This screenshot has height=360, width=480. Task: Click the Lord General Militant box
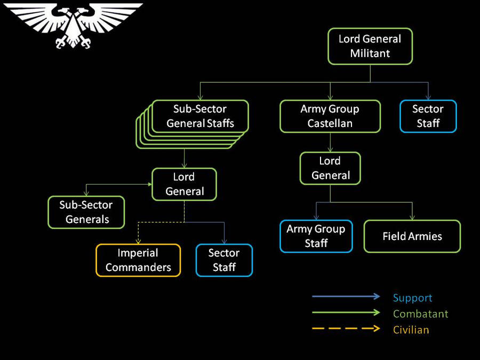pyautogui.click(x=370, y=46)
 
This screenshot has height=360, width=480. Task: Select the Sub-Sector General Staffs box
pyautogui.click(x=200, y=116)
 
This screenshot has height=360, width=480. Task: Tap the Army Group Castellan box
pyautogui.click(x=330, y=116)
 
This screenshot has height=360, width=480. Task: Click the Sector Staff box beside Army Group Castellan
pyautogui.click(x=428, y=116)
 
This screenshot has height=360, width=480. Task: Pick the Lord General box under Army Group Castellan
pyautogui.click(x=330, y=168)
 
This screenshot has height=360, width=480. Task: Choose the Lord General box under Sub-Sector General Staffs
pyautogui.click(x=185, y=184)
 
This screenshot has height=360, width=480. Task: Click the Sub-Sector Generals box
pyautogui.click(x=86, y=212)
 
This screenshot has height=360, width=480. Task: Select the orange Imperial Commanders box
pyautogui.click(x=138, y=260)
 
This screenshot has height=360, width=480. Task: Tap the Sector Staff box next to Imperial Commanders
pyautogui.click(x=224, y=260)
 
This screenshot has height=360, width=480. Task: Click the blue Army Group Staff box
pyautogui.click(x=316, y=236)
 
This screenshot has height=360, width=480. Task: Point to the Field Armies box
pyautogui.click(x=412, y=236)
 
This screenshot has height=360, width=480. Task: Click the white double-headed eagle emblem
pyautogui.click(x=73, y=24)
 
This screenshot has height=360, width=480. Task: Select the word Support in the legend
pyautogui.click(x=412, y=298)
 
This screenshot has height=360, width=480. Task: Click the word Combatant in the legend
pyautogui.click(x=420, y=314)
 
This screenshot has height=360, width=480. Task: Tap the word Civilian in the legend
pyautogui.click(x=411, y=330)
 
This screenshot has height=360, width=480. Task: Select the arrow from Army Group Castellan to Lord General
pyautogui.click(x=330, y=142)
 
